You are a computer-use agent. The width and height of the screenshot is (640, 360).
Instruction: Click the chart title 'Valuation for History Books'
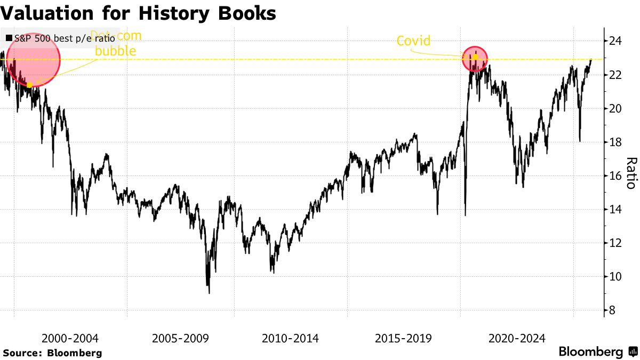click(138, 13)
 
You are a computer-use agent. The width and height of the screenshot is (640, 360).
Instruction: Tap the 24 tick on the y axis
click(615, 41)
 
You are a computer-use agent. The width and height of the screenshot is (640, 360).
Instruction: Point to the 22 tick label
click(615, 75)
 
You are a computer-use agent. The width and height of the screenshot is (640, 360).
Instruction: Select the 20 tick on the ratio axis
click(615, 108)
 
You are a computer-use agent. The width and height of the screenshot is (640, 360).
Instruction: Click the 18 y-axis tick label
click(615, 142)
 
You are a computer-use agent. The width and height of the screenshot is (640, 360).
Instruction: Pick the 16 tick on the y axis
click(615, 175)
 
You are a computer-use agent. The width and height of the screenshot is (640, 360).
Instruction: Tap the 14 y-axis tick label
click(615, 209)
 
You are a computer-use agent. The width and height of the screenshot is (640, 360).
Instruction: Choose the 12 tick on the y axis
click(615, 243)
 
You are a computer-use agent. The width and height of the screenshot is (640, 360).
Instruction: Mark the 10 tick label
click(615, 276)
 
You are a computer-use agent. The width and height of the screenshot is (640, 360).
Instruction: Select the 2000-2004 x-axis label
click(70, 338)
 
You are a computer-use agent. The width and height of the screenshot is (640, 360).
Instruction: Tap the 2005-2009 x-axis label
click(181, 338)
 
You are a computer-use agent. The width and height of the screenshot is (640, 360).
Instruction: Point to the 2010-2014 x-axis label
click(291, 338)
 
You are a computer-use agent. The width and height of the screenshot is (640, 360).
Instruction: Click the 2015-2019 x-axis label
click(404, 338)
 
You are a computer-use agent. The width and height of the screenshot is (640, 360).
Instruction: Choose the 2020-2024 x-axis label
click(516, 338)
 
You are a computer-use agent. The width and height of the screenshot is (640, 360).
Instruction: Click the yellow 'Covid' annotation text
click(413, 41)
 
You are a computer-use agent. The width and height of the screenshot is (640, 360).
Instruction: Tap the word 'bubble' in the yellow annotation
click(115, 51)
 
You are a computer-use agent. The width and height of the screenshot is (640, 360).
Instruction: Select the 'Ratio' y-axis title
click(630, 173)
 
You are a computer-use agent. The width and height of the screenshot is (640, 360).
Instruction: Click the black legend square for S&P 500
click(9, 39)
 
